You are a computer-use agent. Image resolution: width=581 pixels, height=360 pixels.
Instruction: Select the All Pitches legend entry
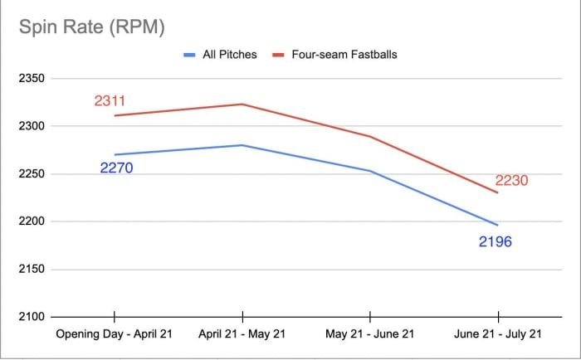pyautogui.click(x=228, y=55)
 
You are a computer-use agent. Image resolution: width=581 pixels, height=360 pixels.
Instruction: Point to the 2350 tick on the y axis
pyautogui.click(x=32, y=79)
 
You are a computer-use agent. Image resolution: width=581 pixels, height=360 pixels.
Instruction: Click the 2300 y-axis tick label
pyautogui.click(x=32, y=126)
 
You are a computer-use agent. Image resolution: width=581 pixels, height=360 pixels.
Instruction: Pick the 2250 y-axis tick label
pyautogui.click(x=32, y=174)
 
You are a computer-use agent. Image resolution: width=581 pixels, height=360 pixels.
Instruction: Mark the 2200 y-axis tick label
pyautogui.click(x=32, y=221)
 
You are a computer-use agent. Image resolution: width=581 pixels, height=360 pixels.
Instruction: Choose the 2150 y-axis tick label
pyautogui.click(x=32, y=270)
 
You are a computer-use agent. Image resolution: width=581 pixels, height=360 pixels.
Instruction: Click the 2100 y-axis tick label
pyautogui.click(x=32, y=317)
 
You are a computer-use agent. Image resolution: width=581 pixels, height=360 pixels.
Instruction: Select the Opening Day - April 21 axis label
pyautogui.click(x=114, y=333)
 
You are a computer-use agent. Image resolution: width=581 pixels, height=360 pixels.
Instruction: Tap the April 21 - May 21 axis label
pyautogui.click(x=242, y=333)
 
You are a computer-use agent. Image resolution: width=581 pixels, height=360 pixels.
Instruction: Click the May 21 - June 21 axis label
pyautogui.click(x=369, y=333)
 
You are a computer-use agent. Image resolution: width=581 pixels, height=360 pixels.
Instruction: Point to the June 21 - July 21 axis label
pyautogui.click(x=497, y=333)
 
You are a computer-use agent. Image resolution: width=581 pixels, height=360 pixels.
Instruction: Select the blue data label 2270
pyautogui.click(x=116, y=168)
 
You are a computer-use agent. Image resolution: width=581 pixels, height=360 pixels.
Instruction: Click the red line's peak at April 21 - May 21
pyautogui.click(x=242, y=104)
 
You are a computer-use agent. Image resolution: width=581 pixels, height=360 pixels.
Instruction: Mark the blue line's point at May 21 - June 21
pyautogui.click(x=369, y=171)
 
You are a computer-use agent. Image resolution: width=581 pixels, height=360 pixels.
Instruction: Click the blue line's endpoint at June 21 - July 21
pyautogui.click(x=497, y=225)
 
